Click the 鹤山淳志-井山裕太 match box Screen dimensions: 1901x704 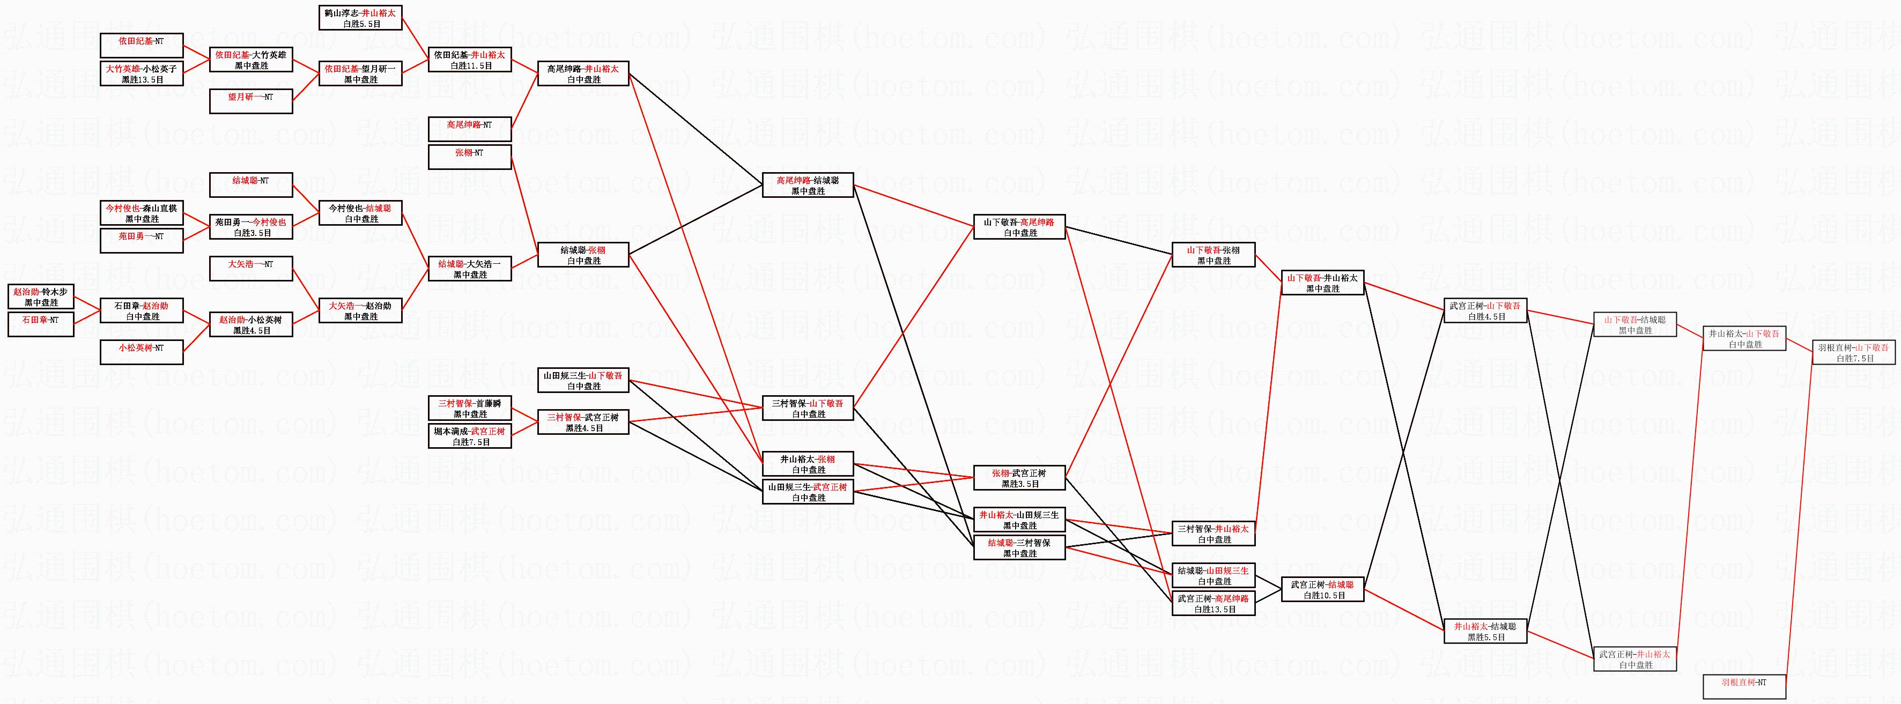click(360, 18)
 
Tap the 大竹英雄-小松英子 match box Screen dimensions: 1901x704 click(142, 74)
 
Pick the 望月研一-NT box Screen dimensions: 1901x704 click(251, 102)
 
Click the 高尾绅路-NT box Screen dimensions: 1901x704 click(469, 130)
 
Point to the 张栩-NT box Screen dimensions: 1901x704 click(469, 158)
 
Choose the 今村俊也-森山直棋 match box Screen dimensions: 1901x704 click(142, 213)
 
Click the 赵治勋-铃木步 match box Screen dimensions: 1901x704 click(41, 298)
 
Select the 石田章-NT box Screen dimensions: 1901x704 click(41, 325)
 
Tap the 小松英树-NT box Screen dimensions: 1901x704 click(142, 353)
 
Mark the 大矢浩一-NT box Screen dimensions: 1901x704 click(251, 269)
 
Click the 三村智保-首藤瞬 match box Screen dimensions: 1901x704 click(469, 409)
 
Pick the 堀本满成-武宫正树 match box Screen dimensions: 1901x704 click(469, 436)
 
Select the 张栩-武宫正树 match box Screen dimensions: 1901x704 click(1019, 478)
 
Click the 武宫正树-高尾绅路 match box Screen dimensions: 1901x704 click(1213, 604)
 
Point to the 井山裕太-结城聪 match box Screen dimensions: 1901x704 click(1485, 632)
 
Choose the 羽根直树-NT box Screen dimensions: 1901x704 click(1744, 687)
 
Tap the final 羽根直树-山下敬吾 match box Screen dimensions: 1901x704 click(1853, 353)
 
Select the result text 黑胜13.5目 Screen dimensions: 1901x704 click(142, 80)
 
